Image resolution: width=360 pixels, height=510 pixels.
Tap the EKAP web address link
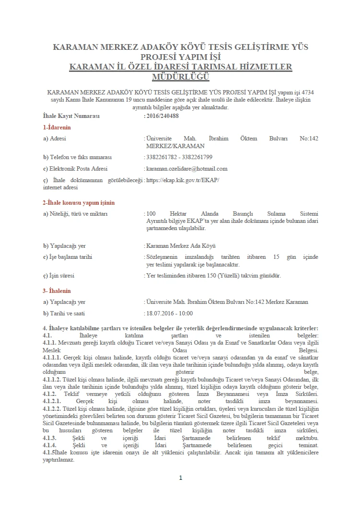[183, 180]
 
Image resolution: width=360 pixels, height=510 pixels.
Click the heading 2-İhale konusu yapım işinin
[79, 203]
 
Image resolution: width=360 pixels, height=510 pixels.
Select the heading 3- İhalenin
[57, 290]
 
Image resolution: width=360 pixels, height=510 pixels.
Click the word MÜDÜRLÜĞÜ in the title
[180, 77]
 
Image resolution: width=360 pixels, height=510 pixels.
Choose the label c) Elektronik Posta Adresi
[75, 168]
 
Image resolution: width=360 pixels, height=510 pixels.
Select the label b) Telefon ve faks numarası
[77, 157]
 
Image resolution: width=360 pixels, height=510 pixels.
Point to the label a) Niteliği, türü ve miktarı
[75, 213]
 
